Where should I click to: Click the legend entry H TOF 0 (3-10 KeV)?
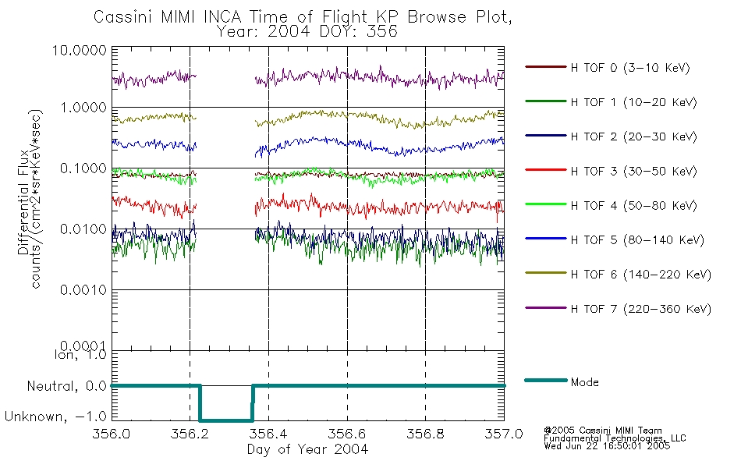tap(608, 68)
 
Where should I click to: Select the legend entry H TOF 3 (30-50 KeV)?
tap(611, 171)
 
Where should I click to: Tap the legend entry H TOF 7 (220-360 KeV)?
tap(618, 309)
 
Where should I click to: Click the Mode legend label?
tap(584, 382)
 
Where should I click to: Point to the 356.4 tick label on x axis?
tap(268, 434)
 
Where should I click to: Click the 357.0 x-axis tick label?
tap(504, 434)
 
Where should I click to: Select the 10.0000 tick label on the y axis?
tap(80, 50)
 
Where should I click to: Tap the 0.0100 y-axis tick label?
tap(83, 229)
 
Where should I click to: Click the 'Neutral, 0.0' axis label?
tap(66, 387)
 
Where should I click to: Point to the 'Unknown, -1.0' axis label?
tap(55, 417)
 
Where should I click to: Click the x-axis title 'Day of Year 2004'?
tap(307, 449)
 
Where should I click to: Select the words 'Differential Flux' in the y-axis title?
tap(23, 202)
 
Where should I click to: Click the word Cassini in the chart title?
tap(123, 17)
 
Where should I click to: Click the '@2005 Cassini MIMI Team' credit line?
tap(602, 431)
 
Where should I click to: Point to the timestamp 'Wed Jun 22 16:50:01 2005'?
tap(607, 446)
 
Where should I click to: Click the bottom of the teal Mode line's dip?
tap(226, 420)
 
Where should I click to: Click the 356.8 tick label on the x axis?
tap(425, 434)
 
